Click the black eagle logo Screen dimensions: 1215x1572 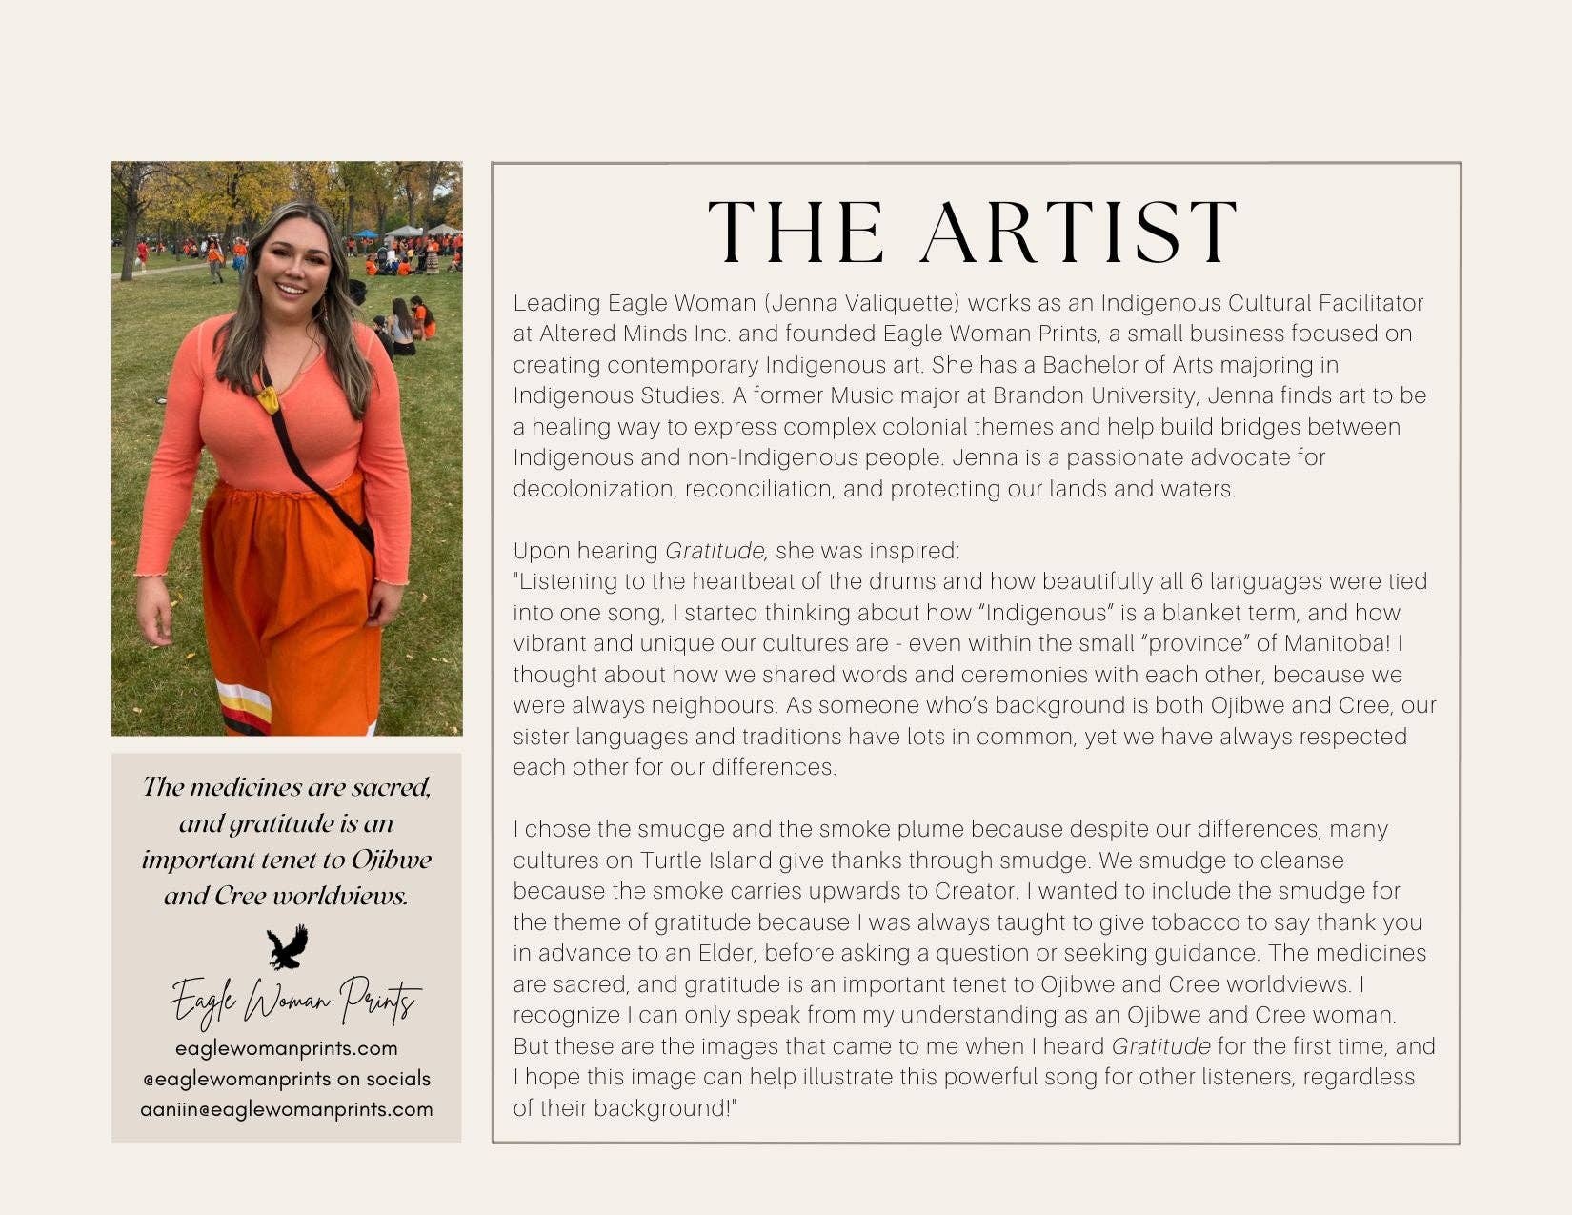pos(287,946)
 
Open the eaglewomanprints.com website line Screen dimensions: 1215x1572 pos(287,1048)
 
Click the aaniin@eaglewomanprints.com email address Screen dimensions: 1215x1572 pos(287,1109)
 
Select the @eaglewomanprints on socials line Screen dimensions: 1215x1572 pos(287,1079)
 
